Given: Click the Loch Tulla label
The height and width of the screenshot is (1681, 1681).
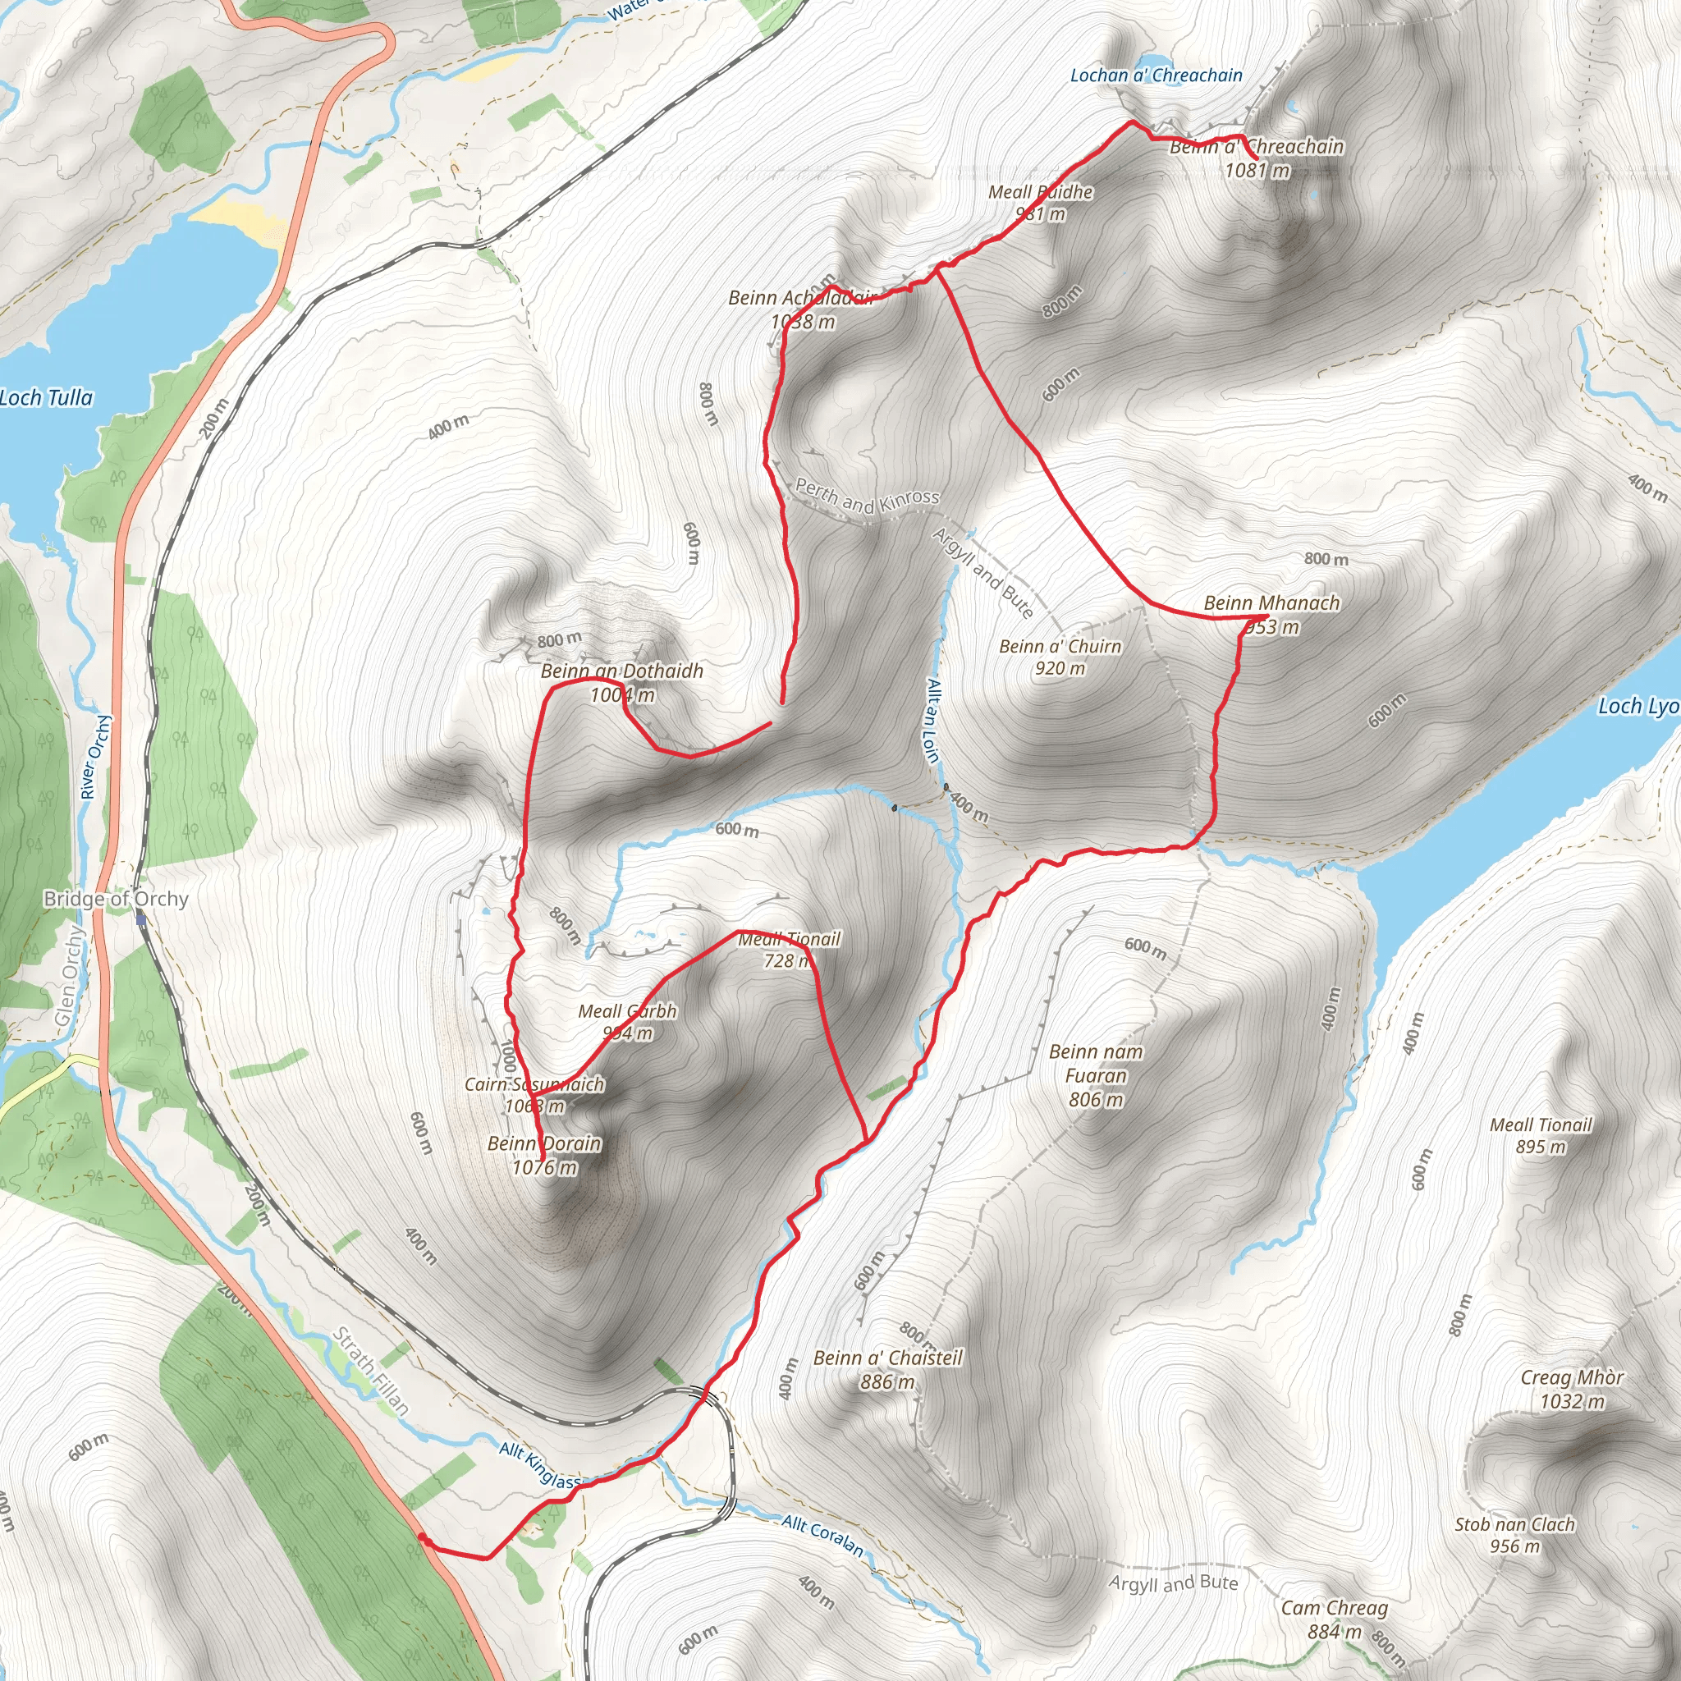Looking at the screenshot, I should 45,398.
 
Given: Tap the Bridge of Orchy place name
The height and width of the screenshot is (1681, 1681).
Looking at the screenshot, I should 116,899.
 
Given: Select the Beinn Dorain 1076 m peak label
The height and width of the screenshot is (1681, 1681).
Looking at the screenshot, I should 545,1156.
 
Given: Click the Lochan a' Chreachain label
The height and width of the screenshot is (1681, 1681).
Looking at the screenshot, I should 1156,76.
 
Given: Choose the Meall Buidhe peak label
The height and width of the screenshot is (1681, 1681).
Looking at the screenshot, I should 1041,202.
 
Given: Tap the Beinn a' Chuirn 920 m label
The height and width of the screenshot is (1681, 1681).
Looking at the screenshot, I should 1060,657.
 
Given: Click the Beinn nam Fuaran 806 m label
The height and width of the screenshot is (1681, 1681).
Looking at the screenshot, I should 1096,1075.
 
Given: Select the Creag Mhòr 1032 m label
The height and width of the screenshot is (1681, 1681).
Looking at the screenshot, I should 1571,1389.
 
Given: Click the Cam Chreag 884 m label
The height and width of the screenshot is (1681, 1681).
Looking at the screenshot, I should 1334,1619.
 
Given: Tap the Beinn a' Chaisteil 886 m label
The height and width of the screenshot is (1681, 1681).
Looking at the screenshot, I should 887,1370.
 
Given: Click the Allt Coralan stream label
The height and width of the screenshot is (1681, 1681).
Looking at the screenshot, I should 822,1536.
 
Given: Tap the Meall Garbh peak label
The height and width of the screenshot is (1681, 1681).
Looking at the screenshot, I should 627,1021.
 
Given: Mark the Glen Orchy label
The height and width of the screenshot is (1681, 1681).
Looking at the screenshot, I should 69,976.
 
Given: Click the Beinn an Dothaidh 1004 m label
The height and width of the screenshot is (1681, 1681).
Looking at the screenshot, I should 621,682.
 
